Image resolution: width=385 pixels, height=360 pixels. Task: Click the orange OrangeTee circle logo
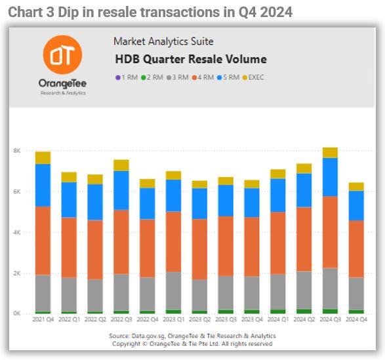point(62,55)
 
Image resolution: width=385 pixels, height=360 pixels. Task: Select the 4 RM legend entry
point(203,77)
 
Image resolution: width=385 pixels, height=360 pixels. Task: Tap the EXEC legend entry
point(253,77)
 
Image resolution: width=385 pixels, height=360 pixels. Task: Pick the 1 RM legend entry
point(127,77)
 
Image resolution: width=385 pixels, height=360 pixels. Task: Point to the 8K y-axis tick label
point(17,151)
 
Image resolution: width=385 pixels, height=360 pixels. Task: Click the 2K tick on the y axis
point(17,273)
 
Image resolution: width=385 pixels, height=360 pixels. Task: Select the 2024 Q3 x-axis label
point(331,319)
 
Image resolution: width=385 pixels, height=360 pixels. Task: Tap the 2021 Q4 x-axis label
point(43,319)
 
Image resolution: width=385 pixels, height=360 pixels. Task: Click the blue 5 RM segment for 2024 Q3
point(330,177)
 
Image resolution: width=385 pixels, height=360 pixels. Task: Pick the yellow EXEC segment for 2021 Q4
point(43,158)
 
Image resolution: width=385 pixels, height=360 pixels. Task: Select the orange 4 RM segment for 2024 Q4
point(356,249)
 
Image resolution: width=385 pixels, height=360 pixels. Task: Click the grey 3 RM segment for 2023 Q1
point(174,291)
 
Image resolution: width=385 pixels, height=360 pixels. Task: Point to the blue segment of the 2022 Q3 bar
point(121,190)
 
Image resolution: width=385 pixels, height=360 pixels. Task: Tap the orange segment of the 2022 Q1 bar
point(69,247)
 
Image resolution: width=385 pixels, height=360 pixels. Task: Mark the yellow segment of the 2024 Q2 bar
point(304,169)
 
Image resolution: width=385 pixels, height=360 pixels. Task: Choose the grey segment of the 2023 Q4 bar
point(252,293)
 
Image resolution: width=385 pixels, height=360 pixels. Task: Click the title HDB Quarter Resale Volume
point(191,59)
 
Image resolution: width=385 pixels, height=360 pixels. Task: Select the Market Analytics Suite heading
point(163,41)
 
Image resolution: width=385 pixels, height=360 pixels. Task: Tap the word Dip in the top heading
point(68,12)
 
